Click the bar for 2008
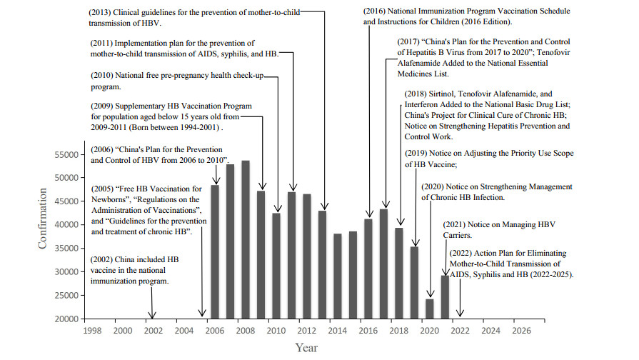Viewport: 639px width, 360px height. [x=246, y=239]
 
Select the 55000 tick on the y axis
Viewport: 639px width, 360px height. [x=67, y=155]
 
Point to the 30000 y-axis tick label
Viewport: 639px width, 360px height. [x=67, y=272]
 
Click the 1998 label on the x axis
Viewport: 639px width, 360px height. [x=91, y=331]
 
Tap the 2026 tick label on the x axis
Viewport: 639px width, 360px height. [x=521, y=331]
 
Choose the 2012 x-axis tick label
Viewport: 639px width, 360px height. [x=306, y=331]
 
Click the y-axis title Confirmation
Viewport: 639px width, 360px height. [x=42, y=219]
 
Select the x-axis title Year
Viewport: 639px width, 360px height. [x=306, y=348]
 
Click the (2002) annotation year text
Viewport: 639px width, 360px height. [x=103, y=259]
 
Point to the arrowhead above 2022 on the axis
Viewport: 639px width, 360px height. [x=461, y=314]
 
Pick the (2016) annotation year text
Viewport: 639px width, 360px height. [x=376, y=12]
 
